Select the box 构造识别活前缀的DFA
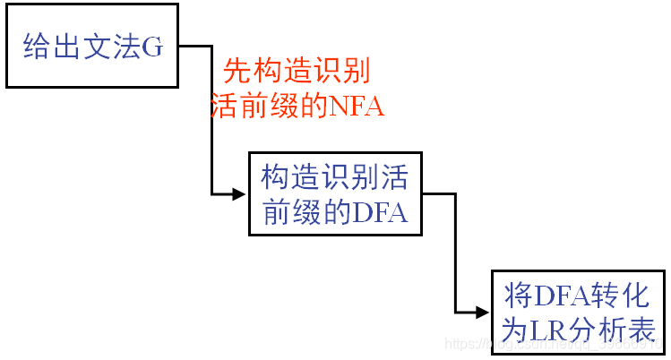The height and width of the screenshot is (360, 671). tap(333, 194)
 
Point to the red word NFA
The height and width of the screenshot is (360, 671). tap(357, 108)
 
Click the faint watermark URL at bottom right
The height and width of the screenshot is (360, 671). tap(555, 345)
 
